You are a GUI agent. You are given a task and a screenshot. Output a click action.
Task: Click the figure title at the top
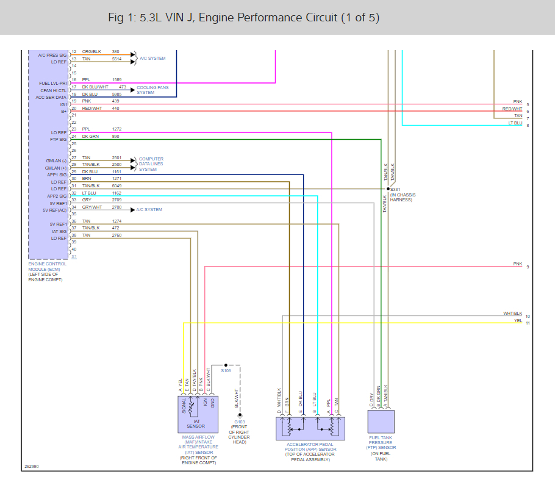coord(243,17)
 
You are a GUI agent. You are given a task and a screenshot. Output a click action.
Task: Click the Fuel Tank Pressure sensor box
coord(381,422)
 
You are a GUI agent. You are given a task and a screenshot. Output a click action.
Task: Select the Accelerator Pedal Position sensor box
coord(310,428)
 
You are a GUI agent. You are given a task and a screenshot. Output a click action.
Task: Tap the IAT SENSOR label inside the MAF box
coord(197,423)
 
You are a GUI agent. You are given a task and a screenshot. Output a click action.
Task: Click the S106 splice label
coord(226,370)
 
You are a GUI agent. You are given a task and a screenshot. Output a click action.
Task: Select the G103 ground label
coord(239,422)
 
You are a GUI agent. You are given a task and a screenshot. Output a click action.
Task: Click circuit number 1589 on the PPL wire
coord(116,80)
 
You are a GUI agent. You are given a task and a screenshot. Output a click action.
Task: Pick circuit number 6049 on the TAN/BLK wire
coord(116,185)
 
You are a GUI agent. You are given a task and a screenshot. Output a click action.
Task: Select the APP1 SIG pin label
coord(57,175)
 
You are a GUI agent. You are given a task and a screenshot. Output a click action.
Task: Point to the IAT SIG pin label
coord(59,231)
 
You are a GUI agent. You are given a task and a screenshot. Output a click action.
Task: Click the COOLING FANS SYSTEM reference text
coord(152,90)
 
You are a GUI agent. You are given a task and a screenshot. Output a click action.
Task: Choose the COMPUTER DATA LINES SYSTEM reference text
coord(151,164)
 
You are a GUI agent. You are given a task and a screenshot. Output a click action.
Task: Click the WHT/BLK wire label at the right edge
coord(512,313)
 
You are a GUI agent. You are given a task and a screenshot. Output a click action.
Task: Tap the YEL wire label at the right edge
coord(518,320)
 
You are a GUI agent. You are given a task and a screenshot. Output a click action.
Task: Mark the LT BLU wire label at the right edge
coord(515,123)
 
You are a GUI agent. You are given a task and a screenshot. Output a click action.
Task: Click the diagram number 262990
coord(32,466)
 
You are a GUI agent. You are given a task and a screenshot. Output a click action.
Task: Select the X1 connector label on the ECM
coord(74,257)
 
